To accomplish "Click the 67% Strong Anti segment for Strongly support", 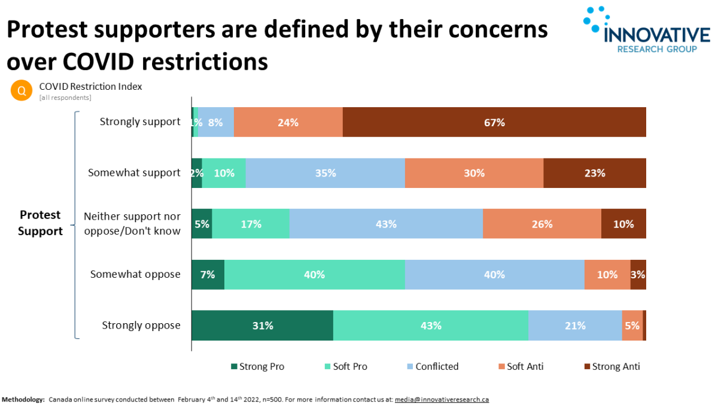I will pos(494,122).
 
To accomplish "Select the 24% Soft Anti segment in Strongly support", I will pos(288,122).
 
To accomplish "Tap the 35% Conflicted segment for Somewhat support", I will pos(325,173).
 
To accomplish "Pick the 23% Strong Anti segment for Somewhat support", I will pos(594,173).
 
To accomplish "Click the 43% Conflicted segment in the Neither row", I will pos(386,224).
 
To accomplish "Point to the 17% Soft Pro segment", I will pos(250,224).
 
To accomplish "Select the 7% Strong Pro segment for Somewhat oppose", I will pos(208,275).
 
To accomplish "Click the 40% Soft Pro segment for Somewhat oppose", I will pos(314,275).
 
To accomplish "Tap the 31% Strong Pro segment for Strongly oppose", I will pos(262,326).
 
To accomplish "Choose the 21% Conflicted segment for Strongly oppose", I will pos(574,326).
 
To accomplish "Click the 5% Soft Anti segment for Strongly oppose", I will pos(632,326).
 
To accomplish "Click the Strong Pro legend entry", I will pos(257,366).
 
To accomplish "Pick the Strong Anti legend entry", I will pos(611,366).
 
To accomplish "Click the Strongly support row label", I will pos(140,121).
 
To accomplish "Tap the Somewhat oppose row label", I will pos(135,274).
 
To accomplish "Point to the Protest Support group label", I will pos(40,223).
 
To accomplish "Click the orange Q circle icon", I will pos(22,90).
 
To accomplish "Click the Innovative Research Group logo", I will pos(646,30).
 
